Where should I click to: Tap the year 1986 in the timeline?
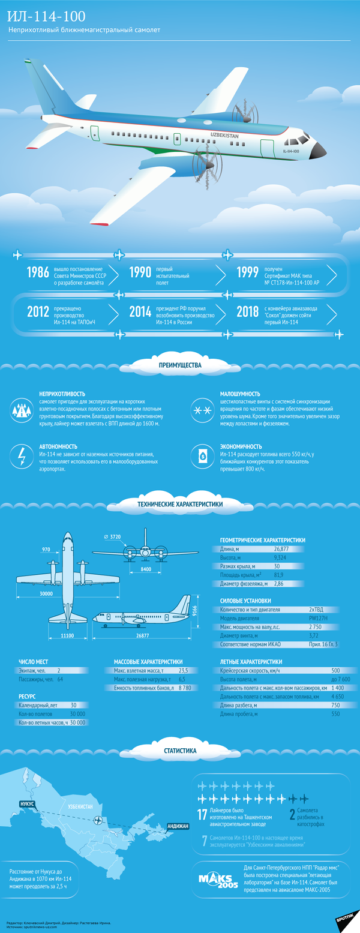38,273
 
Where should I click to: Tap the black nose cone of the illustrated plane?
319,149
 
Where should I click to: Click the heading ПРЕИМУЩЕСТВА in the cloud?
180,364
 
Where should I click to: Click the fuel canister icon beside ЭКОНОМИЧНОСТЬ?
203,455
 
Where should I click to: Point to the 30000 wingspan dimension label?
46,593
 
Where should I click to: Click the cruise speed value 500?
335,670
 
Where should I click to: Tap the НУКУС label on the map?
28,803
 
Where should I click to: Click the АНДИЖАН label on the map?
178,826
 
